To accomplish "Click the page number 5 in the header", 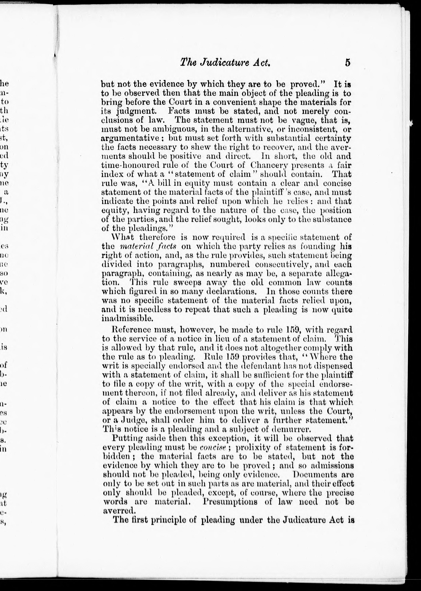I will pyautogui.click(x=347, y=63).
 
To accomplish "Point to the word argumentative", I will pyautogui.click(x=130, y=138).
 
